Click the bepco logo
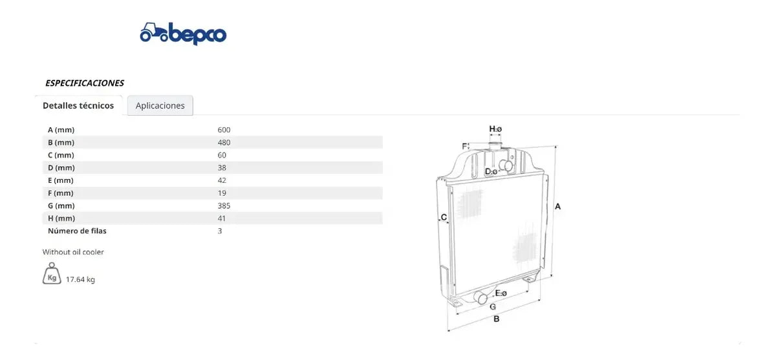point(183,34)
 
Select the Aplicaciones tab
point(160,105)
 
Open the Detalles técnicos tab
point(78,105)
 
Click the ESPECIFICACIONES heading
point(85,83)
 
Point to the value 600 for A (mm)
point(224,130)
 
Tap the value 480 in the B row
point(224,142)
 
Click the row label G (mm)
point(61,206)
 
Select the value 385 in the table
point(224,206)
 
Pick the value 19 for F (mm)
point(222,193)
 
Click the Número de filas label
point(77,231)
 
